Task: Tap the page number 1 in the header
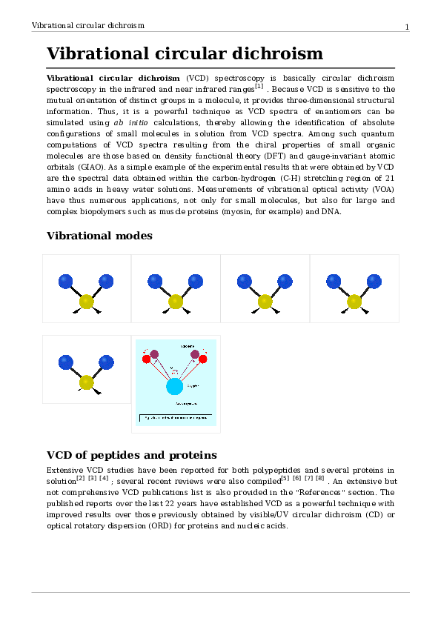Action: [407, 27]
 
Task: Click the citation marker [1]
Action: [259, 86]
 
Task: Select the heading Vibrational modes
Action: [99, 236]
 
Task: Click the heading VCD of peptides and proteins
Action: [132, 454]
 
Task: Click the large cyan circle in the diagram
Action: [175, 386]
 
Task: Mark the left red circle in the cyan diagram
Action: [147, 359]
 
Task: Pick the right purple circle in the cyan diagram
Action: [195, 354]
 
